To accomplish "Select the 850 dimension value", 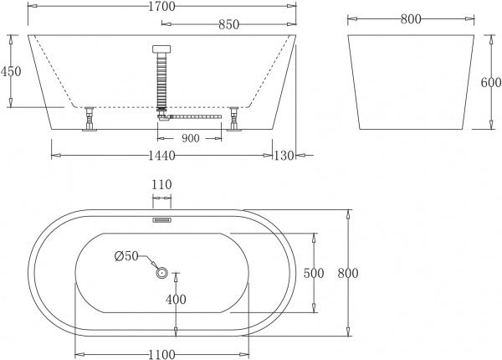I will click(226, 25).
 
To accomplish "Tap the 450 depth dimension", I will click(11, 71).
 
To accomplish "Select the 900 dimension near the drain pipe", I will click(190, 138).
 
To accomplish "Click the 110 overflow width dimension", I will click(161, 185).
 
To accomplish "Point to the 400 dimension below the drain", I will click(176, 299).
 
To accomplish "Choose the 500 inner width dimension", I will click(314, 273).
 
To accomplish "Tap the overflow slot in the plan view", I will click(161, 221).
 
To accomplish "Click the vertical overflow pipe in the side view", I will click(161, 80).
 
